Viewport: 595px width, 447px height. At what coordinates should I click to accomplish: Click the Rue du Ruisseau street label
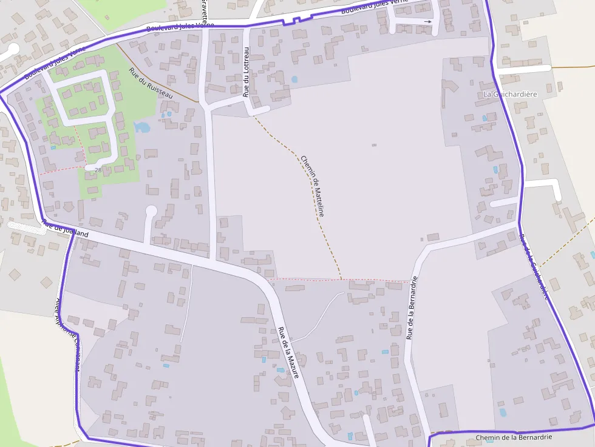point(151,82)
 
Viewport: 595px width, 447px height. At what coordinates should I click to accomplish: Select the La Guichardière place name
point(510,95)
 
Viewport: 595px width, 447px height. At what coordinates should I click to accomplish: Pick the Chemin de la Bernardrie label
point(514,437)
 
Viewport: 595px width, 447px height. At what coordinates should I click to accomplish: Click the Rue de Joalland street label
point(65,230)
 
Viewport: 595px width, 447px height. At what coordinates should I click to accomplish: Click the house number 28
point(98,170)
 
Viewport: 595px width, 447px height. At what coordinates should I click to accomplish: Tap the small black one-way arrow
point(427,22)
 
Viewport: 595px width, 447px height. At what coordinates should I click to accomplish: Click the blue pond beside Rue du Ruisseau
point(141,127)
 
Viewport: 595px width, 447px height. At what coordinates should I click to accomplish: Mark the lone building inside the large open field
point(373,146)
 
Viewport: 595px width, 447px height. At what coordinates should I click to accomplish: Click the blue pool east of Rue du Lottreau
point(294,79)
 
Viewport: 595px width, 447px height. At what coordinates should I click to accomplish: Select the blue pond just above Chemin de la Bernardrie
point(503,412)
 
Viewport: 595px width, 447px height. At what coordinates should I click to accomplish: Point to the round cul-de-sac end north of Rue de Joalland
point(151,211)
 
